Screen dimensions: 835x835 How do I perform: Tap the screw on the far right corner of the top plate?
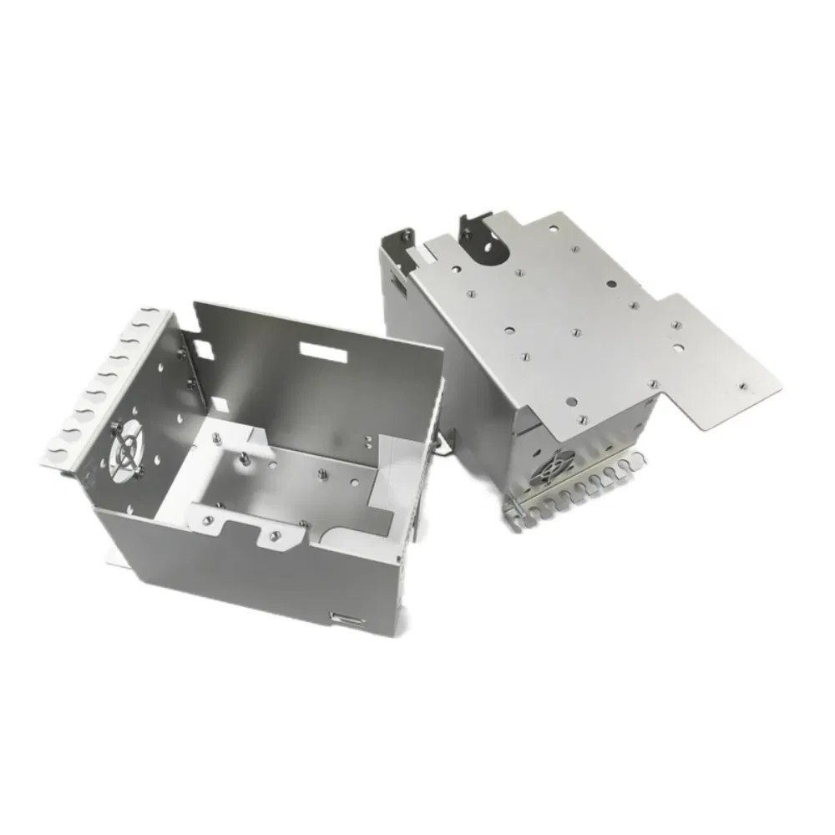742,387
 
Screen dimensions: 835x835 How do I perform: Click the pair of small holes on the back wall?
367,438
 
